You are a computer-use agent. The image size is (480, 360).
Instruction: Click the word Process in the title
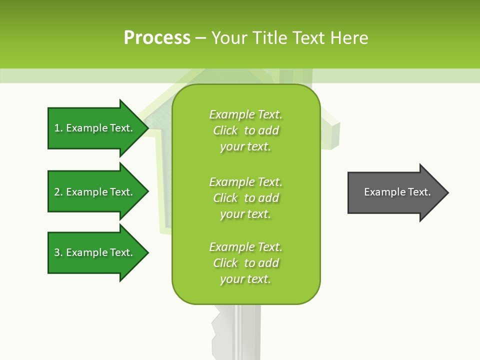point(157,38)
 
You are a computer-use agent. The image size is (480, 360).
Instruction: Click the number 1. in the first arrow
point(58,128)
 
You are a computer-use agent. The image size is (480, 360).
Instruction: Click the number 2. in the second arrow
point(58,192)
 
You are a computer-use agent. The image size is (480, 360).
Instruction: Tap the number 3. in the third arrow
point(58,252)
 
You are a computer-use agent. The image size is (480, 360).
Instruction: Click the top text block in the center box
point(245,130)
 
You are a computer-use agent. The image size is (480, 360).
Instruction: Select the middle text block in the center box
point(245,198)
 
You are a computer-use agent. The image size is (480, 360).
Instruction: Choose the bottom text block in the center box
point(245,263)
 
